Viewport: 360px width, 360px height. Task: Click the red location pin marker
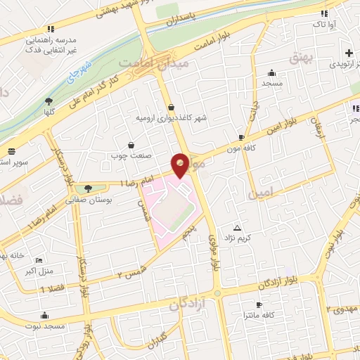(181, 165)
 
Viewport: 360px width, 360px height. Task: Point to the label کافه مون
(239, 148)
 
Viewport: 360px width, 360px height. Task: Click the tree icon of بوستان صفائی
(87, 188)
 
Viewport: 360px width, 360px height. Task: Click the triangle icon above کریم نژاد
(237, 228)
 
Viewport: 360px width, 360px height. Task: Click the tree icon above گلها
(49, 101)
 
